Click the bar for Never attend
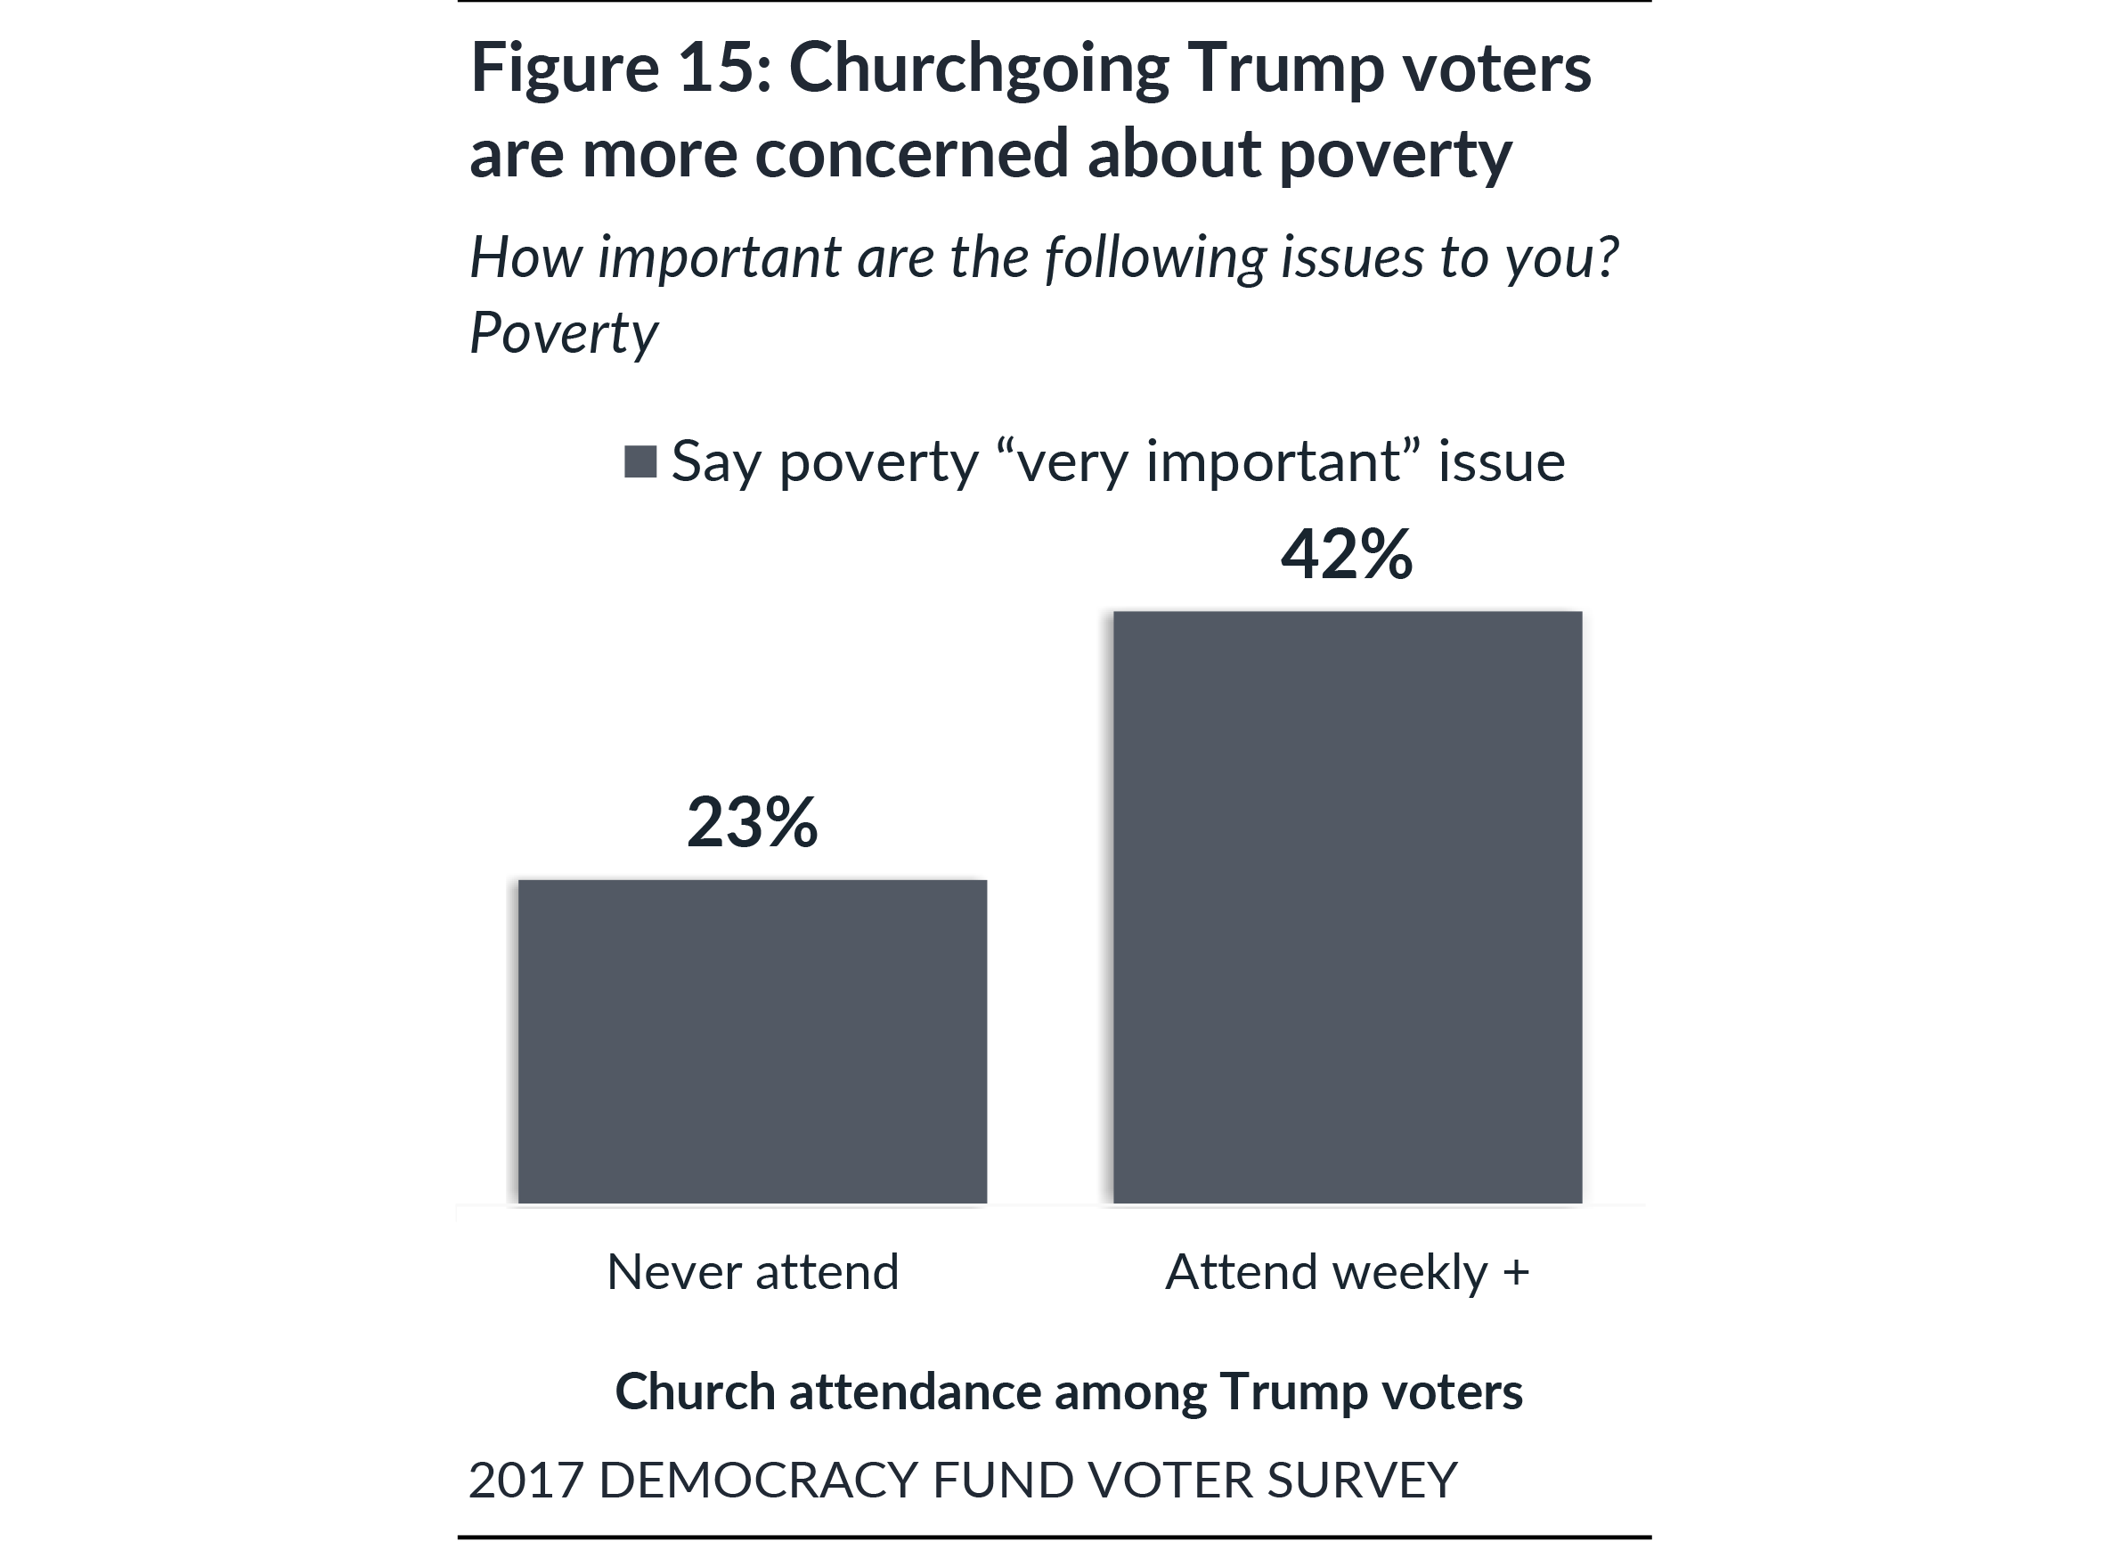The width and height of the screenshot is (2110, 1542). pyautogui.click(x=752, y=1040)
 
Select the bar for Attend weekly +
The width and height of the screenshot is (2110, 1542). pyautogui.click(x=1347, y=906)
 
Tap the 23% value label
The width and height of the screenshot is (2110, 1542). pyautogui.click(x=752, y=822)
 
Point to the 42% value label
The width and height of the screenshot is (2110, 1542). pyautogui.click(x=1347, y=554)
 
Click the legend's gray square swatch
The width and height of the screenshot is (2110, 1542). pyautogui.click(x=640, y=461)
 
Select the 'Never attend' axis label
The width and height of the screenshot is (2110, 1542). pyautogui.click(x=752, y=1271)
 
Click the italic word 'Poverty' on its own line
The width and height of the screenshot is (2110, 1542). pyautogui.click(x=563, y=333)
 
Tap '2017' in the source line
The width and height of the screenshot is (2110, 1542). pyautogui.click(x=525, y=1480)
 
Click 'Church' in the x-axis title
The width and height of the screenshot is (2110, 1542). pyautogui.click(x=696, y=1391)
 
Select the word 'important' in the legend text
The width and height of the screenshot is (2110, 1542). pyautogui.click(x=1273, y=461)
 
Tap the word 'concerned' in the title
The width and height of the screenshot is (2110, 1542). pyautogui.click(x=911, y=153)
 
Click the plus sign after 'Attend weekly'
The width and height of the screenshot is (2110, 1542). pyautogui.click(x=1516, y=1271)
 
